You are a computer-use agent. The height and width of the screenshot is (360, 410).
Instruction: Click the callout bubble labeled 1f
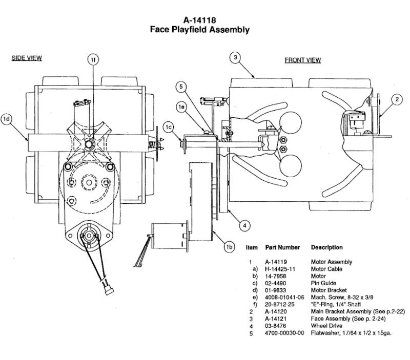tap(93, 60)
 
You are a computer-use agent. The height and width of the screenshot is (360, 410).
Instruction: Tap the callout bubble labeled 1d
tap(6, 119)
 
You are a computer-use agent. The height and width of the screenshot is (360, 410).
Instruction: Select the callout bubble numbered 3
tap(235, 57)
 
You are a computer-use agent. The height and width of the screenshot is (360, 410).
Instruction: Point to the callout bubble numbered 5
tap(181, 87)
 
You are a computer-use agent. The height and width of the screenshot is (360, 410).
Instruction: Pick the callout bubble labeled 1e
tap(181, 107)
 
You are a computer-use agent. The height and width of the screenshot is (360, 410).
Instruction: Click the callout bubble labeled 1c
tap(169, 127)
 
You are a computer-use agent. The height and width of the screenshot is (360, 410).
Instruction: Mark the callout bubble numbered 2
tap(397, 99)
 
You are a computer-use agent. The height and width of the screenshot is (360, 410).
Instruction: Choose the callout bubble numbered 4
tap(245, 225)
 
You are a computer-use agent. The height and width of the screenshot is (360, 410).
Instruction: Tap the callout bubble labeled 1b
tap(229, 247)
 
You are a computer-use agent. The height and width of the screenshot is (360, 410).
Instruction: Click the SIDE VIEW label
tap(27, 58)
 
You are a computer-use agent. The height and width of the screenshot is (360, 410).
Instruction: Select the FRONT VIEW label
tap(303, 60)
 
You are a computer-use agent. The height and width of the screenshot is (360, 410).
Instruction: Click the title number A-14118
tap(199, 20)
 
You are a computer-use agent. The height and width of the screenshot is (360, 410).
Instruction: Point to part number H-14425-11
tap(280, 269)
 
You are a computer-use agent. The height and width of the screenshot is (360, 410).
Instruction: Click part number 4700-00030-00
tap(284, 333)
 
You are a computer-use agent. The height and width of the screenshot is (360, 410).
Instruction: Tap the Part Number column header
tap(282, 247)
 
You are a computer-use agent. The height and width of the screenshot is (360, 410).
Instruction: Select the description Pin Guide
tap(323, 283)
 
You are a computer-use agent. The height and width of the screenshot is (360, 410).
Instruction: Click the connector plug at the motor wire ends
tap(109, 290)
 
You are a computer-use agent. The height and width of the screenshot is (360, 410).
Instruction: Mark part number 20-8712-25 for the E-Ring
tap(279, 305)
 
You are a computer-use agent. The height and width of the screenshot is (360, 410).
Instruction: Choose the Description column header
tap(327, 247)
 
